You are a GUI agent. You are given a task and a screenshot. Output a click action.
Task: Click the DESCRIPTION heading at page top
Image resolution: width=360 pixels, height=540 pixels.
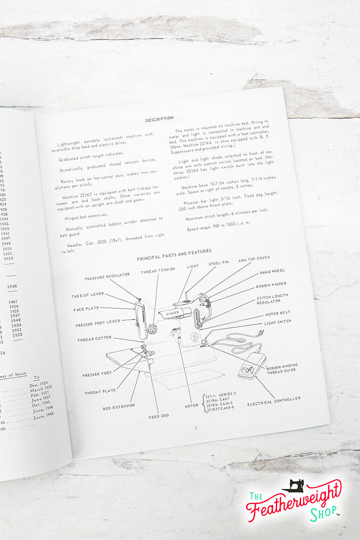pyautogui.click(x=159, y=118)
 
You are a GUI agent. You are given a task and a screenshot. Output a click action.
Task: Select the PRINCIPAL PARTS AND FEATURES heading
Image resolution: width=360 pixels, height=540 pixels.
pyautogui.click(x=174, y=254)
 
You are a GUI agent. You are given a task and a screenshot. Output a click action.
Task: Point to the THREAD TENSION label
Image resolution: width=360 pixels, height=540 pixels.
pyautogui.click(x=158, y=270)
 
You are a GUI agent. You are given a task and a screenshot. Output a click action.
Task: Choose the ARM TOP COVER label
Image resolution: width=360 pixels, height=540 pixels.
pyautogui.click(x=254, y=259)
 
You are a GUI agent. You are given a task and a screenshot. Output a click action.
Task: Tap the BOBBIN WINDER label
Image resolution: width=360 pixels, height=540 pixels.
pyautogui.click(x=271, y=285)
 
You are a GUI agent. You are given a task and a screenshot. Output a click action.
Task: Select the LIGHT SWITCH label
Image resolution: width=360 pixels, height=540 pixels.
pyautogui.click(x=278, y=321)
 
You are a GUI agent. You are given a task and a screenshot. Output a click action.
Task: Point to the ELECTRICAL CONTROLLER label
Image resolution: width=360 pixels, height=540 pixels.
pyautogui.click(x=274, y=399)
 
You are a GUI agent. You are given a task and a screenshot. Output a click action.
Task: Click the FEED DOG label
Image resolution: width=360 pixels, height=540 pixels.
pyautogui.click(x=159, y=416)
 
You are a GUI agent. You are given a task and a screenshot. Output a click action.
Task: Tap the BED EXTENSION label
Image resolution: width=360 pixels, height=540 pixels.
pyautogui.click(x=119, y=405)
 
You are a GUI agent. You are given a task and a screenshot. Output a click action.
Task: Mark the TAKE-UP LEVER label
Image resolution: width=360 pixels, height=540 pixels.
pyautogui.click(x=88, y=295)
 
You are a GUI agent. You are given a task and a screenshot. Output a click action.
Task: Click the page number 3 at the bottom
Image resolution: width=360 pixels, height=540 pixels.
pyautogui.click(x=196, y=428)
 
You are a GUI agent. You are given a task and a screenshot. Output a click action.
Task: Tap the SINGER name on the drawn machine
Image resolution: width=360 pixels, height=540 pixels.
pyautogui.click(x=172, y=313)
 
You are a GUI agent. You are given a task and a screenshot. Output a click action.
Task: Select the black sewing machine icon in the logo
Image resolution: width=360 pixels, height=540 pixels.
pyautogui.click(x=292, y=485)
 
